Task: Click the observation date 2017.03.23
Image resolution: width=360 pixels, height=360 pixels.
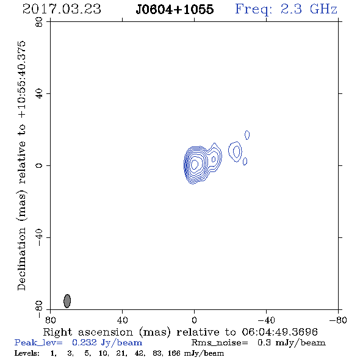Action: (62, 9)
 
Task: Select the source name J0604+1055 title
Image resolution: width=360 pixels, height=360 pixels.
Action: (175, 9)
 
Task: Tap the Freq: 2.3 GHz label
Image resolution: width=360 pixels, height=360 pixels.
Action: (286, 10)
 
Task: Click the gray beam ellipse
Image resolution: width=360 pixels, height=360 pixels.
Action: (67, 301)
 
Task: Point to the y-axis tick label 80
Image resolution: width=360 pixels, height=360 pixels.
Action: (39, 22)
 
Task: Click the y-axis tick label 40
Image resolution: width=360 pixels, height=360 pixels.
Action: (39, 94)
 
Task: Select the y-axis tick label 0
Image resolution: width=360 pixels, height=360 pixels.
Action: (39, 165)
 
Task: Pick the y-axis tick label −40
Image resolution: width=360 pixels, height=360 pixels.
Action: (39, 237)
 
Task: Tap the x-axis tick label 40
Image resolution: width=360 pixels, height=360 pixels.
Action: (122, 320)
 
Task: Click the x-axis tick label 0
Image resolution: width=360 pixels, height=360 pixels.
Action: (194, 320)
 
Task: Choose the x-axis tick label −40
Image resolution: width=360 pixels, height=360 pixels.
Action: (266, 320)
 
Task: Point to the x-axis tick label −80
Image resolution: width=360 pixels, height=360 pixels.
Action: (338, 320)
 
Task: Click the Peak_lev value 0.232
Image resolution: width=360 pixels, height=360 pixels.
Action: (84, 342)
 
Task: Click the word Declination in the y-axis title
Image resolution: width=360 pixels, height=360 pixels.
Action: (21, 259)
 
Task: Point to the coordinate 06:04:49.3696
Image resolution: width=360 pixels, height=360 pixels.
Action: (279, 332)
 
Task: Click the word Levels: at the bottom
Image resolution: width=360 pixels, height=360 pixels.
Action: (27, 353)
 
